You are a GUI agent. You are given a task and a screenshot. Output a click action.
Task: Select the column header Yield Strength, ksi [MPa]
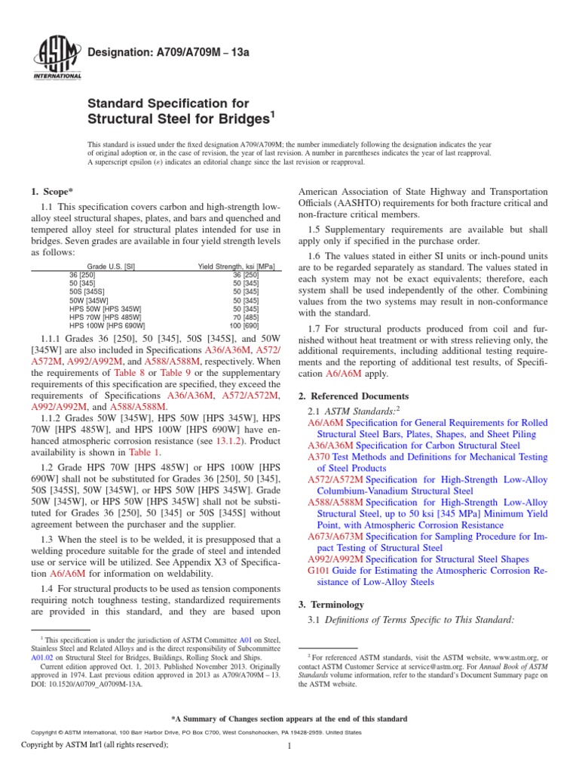[x=234, y=266]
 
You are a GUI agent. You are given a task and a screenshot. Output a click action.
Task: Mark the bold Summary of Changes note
[x=289, y=719]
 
